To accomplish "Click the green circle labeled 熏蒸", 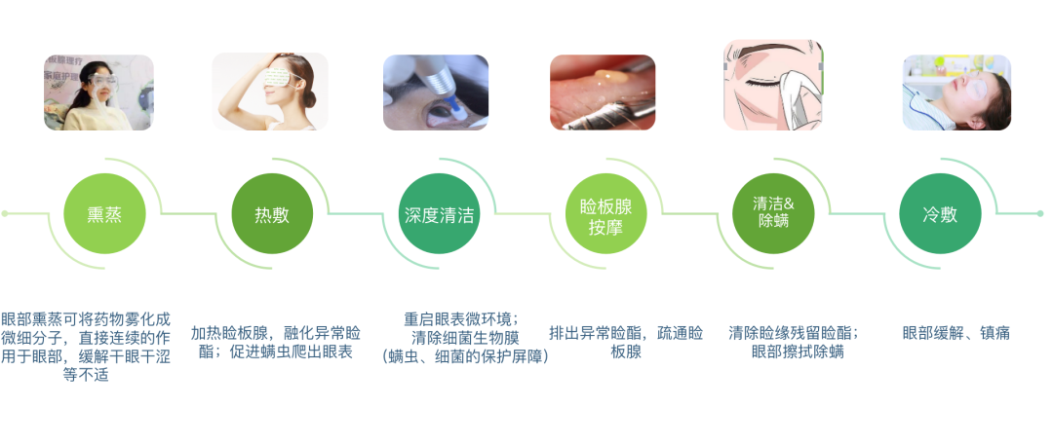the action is click(104, 214).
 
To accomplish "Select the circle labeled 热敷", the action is click(272, 214).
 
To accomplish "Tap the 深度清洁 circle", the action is click(439, 214).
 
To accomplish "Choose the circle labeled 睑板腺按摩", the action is click(606, 214).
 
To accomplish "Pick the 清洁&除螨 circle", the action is click(773, 214).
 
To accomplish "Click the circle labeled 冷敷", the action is click(940, 214).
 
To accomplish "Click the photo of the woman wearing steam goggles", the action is click(98, 92).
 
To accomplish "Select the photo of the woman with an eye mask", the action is click(270, 92).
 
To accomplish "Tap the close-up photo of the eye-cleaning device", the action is click(436, 92).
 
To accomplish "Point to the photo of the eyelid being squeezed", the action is click(603, 92).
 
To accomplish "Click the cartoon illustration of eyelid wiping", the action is click(773, 85).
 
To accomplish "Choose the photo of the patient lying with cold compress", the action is click(956, 92).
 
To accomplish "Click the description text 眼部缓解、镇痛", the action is click(956, 333).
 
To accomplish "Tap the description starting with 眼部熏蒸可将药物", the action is click(85, 347).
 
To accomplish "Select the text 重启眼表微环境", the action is click(460, 318).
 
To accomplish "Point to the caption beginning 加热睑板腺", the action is click(276, 342).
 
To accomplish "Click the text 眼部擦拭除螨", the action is click(798, 351).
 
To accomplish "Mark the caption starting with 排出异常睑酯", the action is click(626, 342).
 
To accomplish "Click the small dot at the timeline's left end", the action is click(5, 214).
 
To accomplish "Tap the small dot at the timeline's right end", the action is click(1040, 214).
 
